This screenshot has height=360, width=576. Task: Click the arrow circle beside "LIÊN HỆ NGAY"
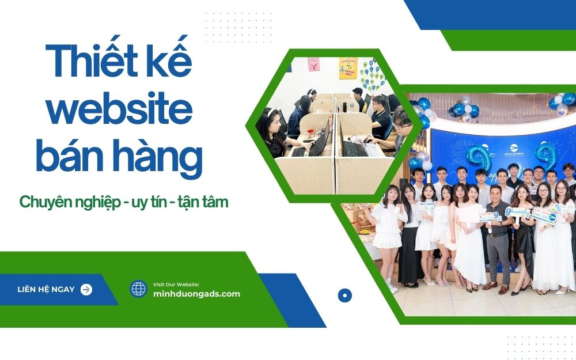(x=86, y=289)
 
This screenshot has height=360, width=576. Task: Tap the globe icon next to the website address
(x=138, y=289)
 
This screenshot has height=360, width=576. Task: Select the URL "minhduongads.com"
(x=196, y=294)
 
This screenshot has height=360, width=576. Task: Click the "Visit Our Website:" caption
(x=176, y=285)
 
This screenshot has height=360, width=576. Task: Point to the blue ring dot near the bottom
(x=344, y=295)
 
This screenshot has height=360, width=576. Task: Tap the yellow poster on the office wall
(x=347, y=67)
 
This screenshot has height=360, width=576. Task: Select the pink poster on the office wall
(x=313, y=64)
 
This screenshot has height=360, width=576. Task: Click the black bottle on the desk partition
(x=344, y=106)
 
